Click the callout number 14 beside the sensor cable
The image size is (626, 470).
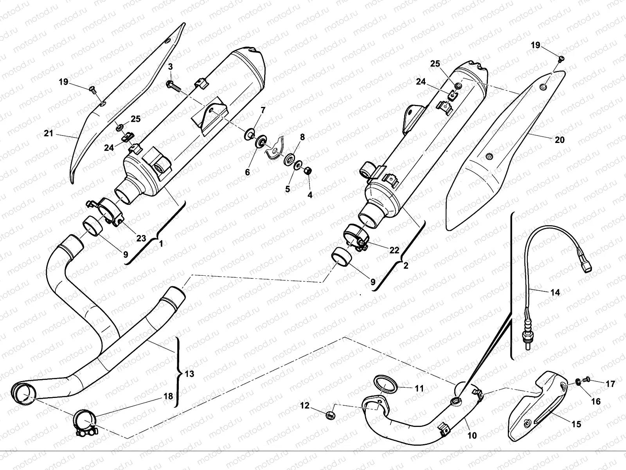[555, 292]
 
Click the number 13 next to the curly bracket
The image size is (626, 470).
[189, 374]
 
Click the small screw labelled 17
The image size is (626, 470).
[585, 379]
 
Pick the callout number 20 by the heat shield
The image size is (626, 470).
[560, 139]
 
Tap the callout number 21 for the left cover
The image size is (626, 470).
[48, 134]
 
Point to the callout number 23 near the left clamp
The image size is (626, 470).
[141, 238]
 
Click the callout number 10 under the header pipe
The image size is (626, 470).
[472, 436]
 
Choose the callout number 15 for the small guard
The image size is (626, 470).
[576, 424]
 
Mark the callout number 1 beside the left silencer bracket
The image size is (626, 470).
[160, 243]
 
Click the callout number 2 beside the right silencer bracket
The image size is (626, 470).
[405, 266]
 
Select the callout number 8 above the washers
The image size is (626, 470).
[302, 137]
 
